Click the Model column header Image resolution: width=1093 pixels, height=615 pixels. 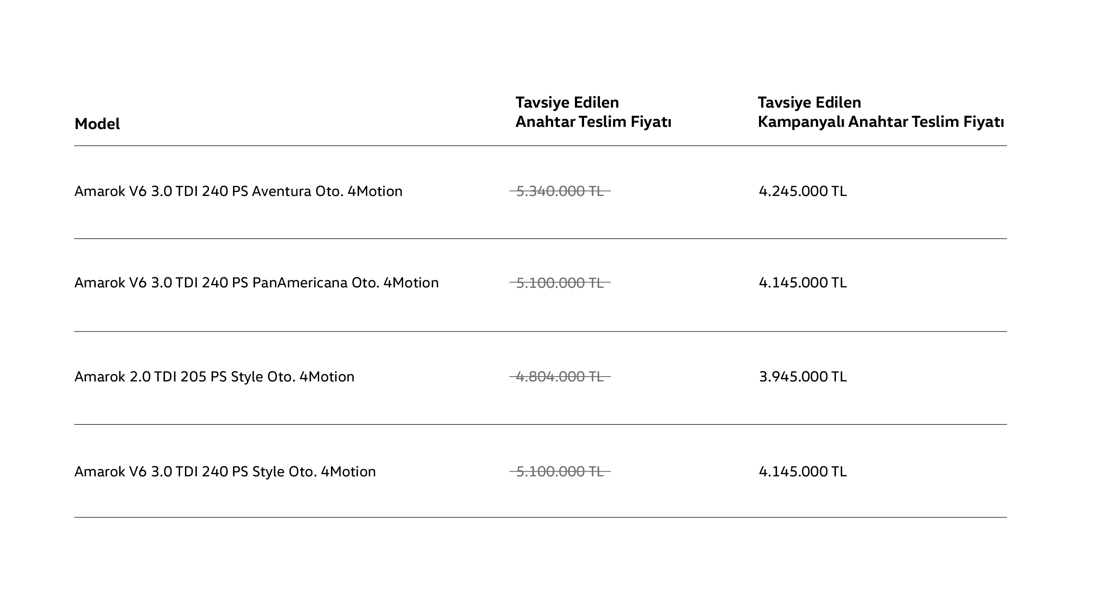point(97,124)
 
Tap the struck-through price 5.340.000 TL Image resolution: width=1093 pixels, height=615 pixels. point(560,191)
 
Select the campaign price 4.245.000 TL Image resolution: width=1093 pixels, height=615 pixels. point(803,191)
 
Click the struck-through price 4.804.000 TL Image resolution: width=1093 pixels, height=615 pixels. point(560,377)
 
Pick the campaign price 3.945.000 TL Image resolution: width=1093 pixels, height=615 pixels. point(803,377)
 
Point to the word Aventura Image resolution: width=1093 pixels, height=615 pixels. point(282,191)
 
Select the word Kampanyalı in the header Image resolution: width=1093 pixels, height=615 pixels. point(801,122)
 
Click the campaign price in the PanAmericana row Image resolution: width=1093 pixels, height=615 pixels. point(803,283)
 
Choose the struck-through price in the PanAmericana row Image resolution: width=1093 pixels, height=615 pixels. point(560,283)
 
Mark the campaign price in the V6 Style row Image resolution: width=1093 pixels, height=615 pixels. point(803,472)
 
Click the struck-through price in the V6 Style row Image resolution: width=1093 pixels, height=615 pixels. point(560,472)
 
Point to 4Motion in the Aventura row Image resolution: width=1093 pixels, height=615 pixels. point(375,191)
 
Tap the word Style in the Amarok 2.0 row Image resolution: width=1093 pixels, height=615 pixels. point(247,377)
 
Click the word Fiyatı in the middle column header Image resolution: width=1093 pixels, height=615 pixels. point(651,122)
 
